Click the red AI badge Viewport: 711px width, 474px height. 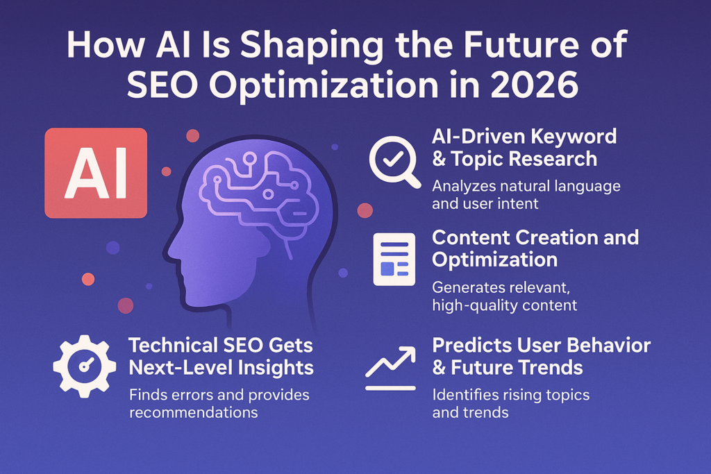coord(96,173)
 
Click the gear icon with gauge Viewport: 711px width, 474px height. coord(84,366)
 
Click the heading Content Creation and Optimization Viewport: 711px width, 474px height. coord(535,248)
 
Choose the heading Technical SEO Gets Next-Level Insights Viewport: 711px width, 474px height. coord(220,356)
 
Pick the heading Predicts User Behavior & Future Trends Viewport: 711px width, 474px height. coord(542,355)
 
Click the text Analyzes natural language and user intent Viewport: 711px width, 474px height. coord(526,196)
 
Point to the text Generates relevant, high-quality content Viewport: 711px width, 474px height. coord(504,295)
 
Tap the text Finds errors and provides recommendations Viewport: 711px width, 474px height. coord(219,404)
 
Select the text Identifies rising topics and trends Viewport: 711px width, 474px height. coord(510,404)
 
